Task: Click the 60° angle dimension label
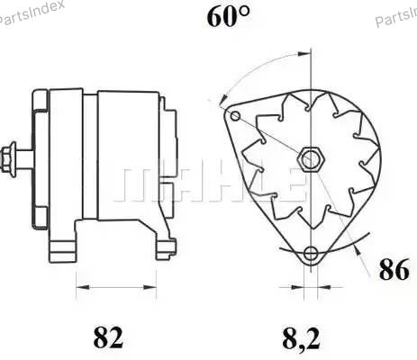[x=228, y=17]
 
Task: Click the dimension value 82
[x=108, y=337]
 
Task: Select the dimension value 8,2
[x=301, y=338]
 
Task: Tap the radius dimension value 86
[x=394, y=269]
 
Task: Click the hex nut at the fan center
[x=311, y=159]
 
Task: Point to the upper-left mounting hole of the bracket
[x=235, y=115]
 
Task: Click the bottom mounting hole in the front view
[x=310, y=254]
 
